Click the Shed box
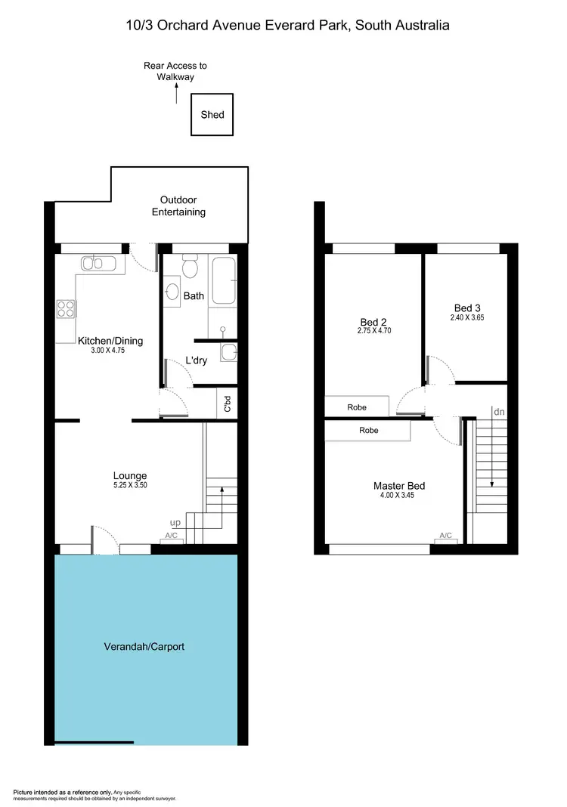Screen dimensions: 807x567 [212, 115]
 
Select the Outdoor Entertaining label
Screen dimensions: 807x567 [178, 206]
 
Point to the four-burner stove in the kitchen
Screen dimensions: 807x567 [66, 309]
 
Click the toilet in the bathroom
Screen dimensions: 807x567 [190, 267]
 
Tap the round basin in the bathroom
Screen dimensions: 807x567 [172, 293]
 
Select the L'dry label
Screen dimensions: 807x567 [196, 360]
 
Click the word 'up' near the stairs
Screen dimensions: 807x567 [175, 523]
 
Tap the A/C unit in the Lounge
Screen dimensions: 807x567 [173, 537]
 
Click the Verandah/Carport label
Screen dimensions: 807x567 [144, 647]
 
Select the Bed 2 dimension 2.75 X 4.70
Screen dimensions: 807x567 [374, 331]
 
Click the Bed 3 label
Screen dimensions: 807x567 [467, 308]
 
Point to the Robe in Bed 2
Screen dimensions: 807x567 [357, 407]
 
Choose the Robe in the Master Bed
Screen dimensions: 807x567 [368, 431]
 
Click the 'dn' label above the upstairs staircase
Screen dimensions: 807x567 [498, 413]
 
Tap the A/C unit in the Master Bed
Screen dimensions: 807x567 [446, 536]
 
